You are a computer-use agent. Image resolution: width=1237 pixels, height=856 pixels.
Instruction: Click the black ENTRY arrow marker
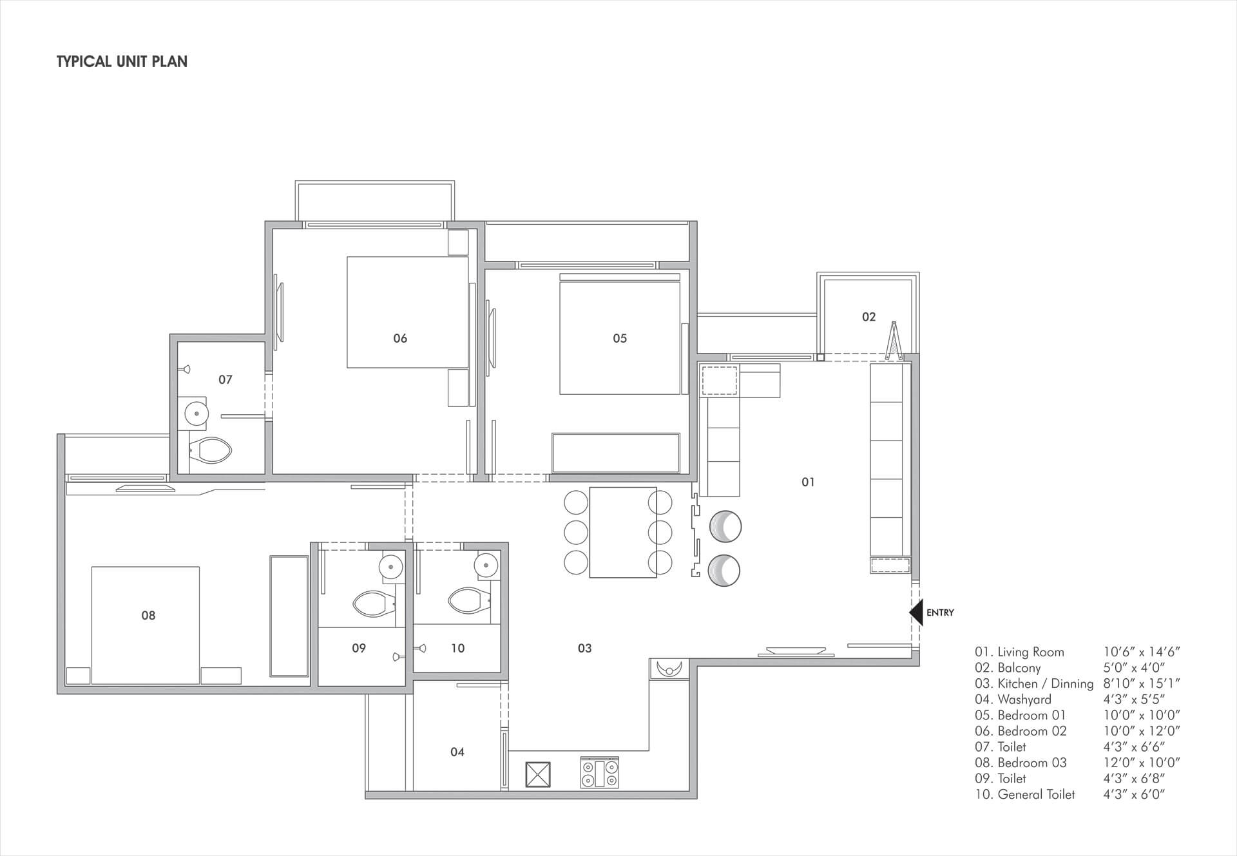(x=916, y=613)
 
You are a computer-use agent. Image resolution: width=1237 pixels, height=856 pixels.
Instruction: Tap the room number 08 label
(x=148, y=615)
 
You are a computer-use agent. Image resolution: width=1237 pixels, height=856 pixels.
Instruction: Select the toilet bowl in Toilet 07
(x=211, y=450)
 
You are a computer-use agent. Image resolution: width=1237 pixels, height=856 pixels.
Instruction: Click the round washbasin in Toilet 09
(x=390, y=567)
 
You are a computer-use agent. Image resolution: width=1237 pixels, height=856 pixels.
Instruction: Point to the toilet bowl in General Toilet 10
(x=469, y=601)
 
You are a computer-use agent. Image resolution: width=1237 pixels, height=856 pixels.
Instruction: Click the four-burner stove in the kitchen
(x=600, y=772)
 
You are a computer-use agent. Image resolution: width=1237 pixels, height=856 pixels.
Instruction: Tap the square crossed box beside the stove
(x=539, y=775)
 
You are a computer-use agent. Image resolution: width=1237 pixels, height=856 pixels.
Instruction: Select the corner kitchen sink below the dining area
(x=670, y=669)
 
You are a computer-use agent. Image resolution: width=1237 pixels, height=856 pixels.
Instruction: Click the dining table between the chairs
(x=622, y=532)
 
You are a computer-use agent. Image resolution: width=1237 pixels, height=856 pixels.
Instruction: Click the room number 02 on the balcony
(x=868, y=317)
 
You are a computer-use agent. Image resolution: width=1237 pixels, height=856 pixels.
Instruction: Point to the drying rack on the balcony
(x=893, y=341)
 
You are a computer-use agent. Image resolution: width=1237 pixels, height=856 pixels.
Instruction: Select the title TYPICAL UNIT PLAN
(x=122, y=62)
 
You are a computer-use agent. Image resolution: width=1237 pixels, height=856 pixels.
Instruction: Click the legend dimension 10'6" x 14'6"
(x=1142, y=652)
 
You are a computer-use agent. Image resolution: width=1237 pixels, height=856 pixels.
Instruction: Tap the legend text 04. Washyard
(x=1013, y=699)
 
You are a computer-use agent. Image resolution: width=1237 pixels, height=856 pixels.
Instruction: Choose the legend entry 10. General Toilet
(x=1024, y=794)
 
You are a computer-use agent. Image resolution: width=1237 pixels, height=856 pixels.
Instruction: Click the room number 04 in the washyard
(x=457, y=752)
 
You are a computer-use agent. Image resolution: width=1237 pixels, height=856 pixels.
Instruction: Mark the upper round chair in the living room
(x=725, y=527)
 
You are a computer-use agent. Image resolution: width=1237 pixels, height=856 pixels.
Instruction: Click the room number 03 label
(x=584, y=648)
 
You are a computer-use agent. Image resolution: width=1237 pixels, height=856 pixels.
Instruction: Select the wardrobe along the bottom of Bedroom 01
(x=616, y=453)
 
